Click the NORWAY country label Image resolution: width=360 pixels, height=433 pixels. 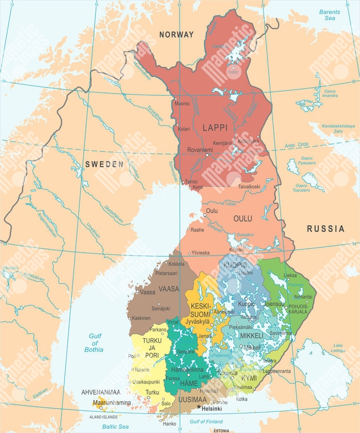(x=176, y=35)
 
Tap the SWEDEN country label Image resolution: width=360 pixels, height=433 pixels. (x=104, y=164)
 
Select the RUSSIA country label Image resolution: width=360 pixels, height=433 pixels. (x=325, y=229)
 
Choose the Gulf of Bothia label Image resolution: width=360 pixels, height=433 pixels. (x=94, y=341)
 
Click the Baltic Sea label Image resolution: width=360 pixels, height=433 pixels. (x=116, y=426)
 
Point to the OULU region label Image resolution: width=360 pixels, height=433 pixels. (x=242, y=218)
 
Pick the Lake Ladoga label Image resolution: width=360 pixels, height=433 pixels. (x=338, y=347)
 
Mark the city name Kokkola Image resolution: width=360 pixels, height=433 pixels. (x=177, y=264)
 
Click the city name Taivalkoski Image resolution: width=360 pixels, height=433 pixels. (x=249, y=187)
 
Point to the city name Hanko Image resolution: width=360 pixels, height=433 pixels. (x=169, y=423)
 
